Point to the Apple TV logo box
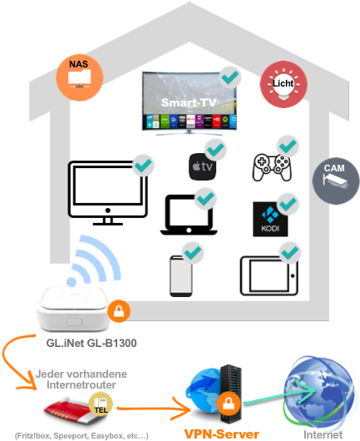(x=203, y=166)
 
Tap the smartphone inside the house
(x=181, y=275)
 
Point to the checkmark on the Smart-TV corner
(x=230, y=78)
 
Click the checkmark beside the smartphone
(x=194, y=250)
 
